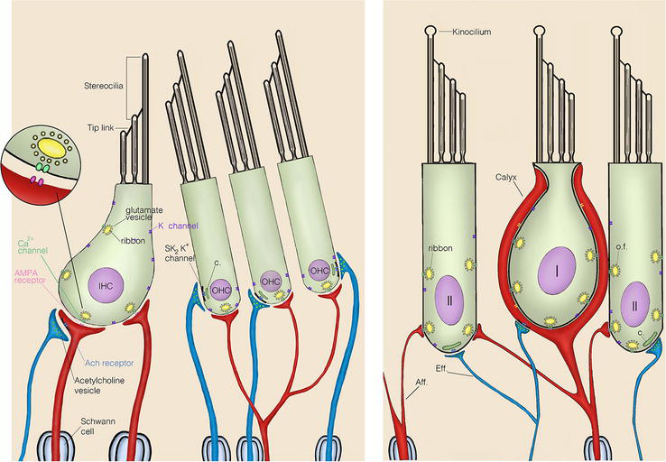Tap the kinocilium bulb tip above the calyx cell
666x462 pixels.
point(540,30)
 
